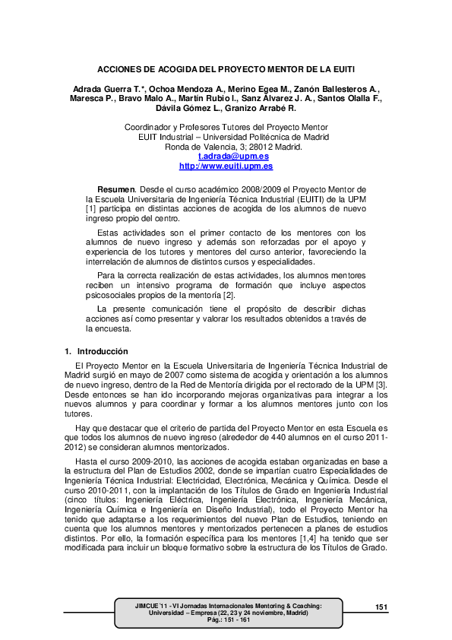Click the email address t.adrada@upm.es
tap(226, 156)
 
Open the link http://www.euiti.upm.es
tap(226, 166)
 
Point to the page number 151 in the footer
tap(381, 606)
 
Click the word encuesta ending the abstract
tap(113, 330)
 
